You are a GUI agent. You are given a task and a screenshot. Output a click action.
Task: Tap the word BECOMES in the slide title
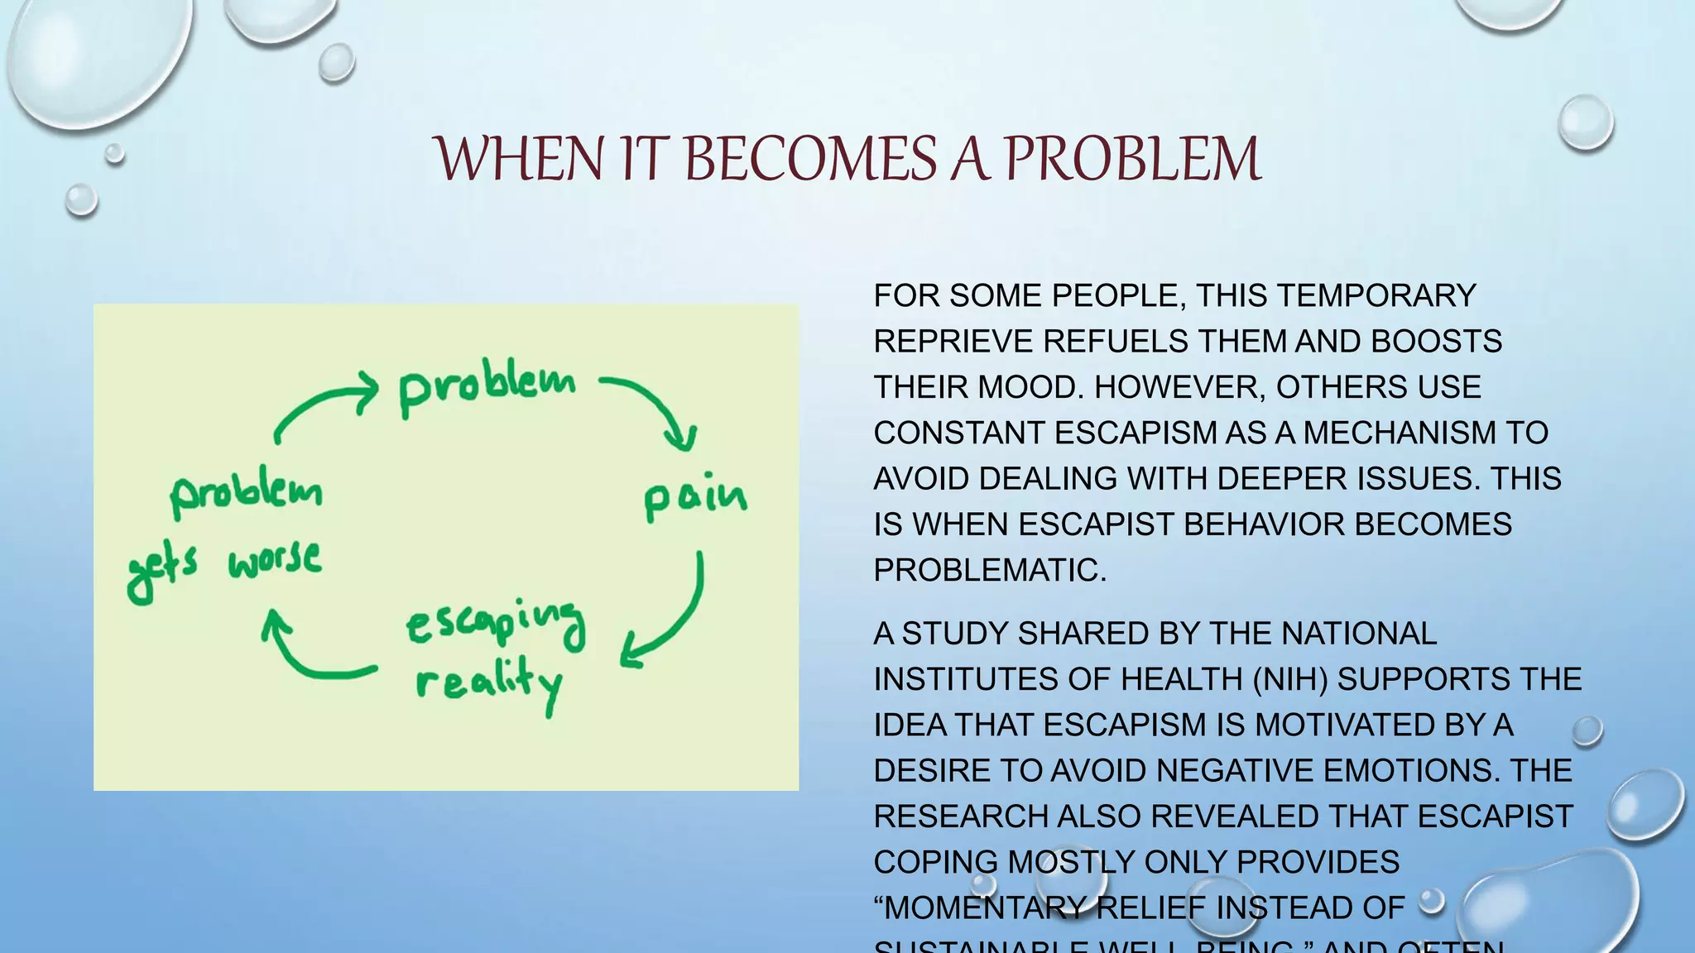point(811,159)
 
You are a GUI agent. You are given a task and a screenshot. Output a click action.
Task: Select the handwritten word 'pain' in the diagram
point(695,498)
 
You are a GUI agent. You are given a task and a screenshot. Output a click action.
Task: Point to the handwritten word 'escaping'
point(495,623)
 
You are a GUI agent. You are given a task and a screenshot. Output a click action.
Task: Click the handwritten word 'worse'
point(275,560)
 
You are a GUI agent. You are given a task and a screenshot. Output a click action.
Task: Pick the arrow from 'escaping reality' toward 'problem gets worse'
point(306,654)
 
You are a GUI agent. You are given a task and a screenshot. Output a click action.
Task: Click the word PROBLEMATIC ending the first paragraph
point(989,570)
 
